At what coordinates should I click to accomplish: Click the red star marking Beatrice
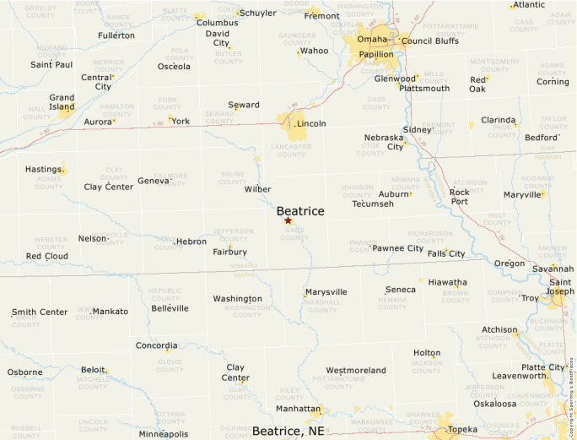288,220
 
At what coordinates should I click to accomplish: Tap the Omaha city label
372,39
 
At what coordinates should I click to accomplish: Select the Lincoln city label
311,123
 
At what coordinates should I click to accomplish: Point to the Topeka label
462,429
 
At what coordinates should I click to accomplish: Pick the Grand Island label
62,102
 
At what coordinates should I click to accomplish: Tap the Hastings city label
43,169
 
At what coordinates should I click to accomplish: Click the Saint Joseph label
560,287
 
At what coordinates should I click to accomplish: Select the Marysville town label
326,292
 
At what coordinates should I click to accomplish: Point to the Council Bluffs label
430,41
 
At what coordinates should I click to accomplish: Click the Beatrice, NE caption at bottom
288,431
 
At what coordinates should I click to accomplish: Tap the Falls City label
446,253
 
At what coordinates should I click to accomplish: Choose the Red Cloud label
46,256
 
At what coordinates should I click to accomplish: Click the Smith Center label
40,312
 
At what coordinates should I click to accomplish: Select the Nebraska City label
384,142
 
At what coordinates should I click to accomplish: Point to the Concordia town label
157,345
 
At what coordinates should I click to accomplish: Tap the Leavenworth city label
520,376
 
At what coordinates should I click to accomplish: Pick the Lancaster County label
291,150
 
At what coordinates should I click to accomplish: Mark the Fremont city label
322,16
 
